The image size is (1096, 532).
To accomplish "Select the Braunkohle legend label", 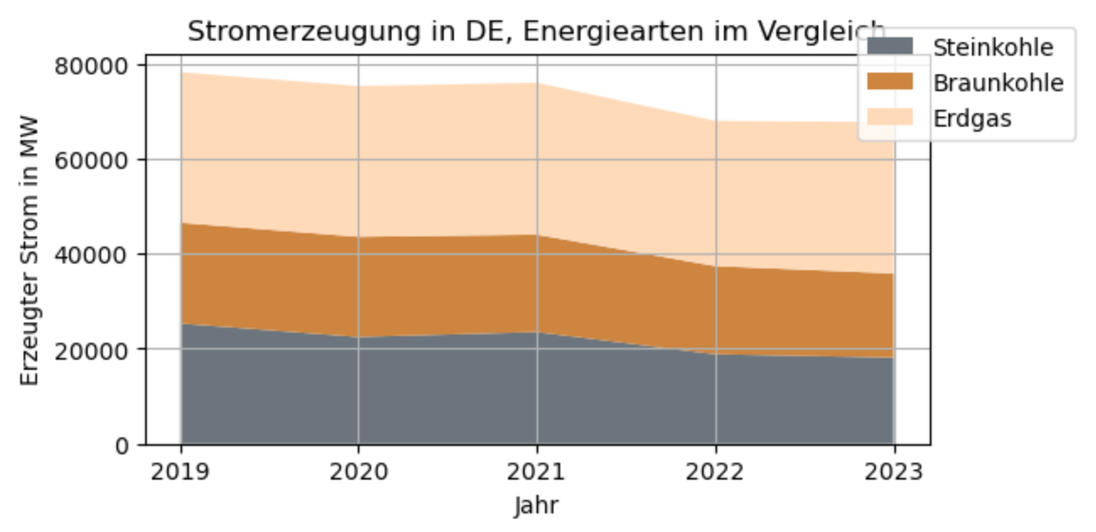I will (x=998, y=83).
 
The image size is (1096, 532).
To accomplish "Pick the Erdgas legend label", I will (x=972, y=118).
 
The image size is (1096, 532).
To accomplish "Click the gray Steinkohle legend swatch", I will (x=890, y=47).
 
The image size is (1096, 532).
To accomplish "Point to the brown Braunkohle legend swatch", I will (x=890, y=82).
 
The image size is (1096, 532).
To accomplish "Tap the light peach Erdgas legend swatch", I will (x=890, y=117).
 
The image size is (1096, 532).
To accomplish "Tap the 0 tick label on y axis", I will (x=121, y=445).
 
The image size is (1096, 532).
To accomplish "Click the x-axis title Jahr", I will (x=537, y=506).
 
